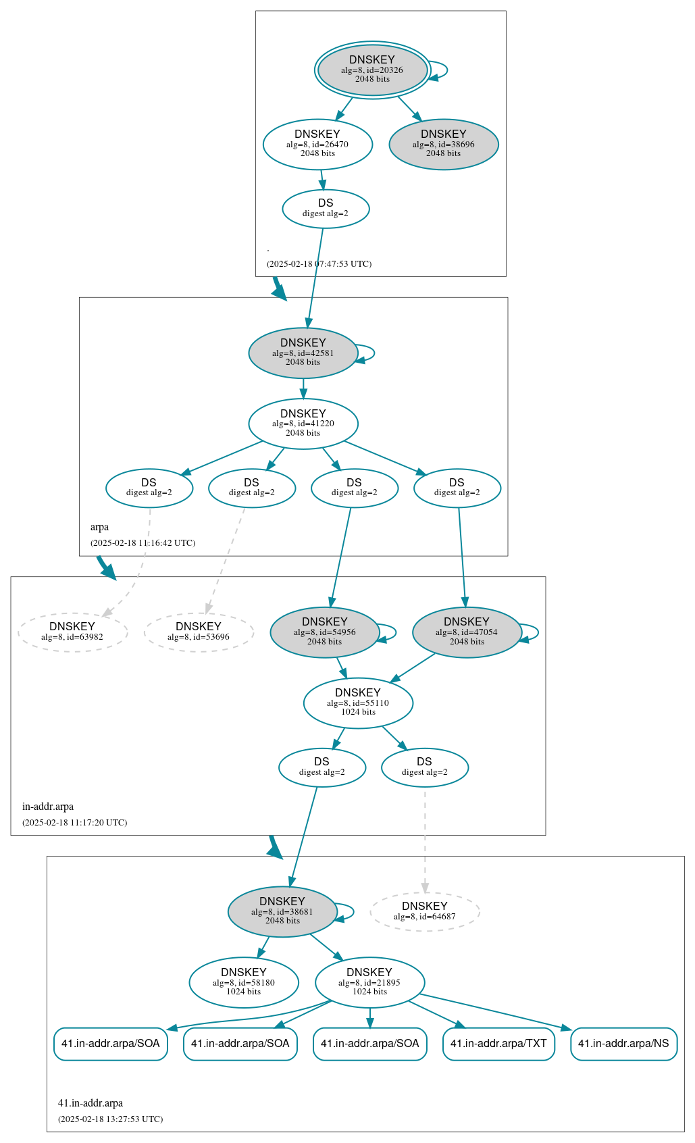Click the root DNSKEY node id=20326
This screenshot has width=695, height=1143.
click(x=372, y=70)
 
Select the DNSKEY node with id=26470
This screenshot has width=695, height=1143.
click(x=317, y=144)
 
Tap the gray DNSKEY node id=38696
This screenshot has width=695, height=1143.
click(x=444, y=144)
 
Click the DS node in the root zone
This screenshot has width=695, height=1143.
click(x=326, y=209)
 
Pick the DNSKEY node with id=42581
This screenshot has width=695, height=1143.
click(x=303, y=353)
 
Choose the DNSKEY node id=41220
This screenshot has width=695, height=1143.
click(x=303, y=424)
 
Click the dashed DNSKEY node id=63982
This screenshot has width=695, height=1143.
click(x=72, y=632)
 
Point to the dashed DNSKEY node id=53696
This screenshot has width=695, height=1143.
click(x=199, y=632)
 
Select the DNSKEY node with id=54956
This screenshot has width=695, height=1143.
click(x=325, y=632)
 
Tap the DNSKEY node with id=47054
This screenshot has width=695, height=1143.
click(x=467, y=632)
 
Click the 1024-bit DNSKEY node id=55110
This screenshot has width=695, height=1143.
click(x=358, y=703)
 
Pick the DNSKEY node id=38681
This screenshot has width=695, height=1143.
click(x=282, y=911)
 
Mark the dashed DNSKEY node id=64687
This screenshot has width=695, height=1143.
click(x=425, y=911)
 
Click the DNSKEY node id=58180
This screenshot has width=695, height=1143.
click(x=244, y=982)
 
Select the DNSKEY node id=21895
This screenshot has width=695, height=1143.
click(x=369, y=982)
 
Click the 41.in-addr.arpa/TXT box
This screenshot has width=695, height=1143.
click(x=498, y=1044)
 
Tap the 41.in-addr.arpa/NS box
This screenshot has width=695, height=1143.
click(x=623, y=1044)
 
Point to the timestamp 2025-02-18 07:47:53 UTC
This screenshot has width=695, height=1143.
click(x=319, y=264)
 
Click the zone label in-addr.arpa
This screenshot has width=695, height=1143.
click(x=48, y=807)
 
